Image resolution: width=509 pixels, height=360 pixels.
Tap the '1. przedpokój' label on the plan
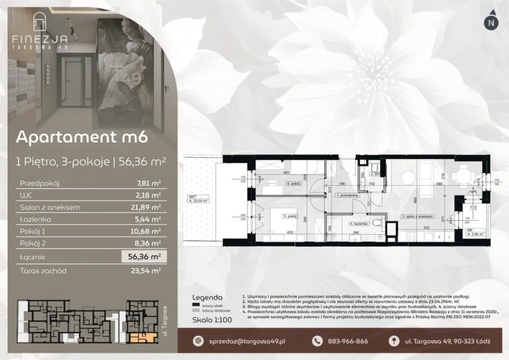click(x=346, y=195)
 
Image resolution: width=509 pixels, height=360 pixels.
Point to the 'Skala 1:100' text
click(x=211, y=320)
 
